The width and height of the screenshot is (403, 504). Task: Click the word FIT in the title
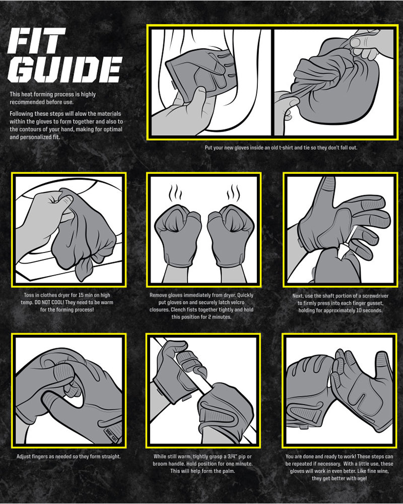pyautogui.click(x=36, y=40)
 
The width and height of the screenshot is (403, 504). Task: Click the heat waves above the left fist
pyautogui.click(x=175, y=192)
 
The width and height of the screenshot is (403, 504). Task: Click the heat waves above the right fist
pyautogui.click(x=233, y=192)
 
